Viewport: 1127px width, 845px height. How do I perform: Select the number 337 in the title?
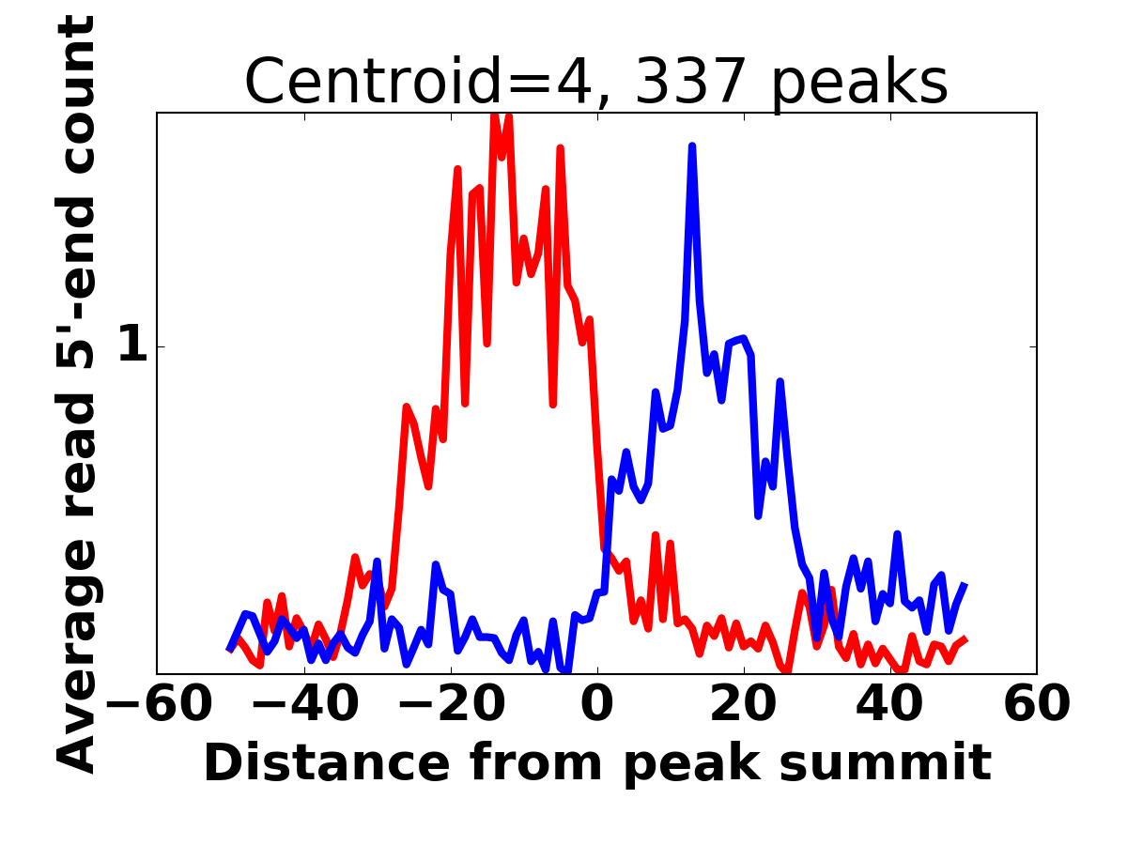tap(690, 81)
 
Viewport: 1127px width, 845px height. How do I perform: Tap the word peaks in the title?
tap(859, 84)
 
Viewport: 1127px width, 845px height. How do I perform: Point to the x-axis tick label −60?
tap(159, 704)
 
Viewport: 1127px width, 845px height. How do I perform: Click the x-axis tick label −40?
tap(305, 704)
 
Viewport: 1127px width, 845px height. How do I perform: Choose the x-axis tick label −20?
tap(452, 704)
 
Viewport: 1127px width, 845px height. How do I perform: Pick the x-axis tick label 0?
tap(597, 704)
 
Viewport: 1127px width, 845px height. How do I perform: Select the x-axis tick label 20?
tap(744, 704)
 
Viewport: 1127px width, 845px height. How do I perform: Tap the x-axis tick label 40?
tap(890, 704)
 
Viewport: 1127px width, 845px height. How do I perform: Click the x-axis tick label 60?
tap(1037, 704)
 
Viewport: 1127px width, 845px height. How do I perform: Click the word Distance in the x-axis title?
tap(328, 763)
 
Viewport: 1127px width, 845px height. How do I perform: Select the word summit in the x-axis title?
tap(886, 763)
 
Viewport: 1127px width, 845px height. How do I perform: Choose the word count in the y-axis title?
tap(75, 95)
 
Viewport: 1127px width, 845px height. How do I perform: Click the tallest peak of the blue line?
tap(692, 146)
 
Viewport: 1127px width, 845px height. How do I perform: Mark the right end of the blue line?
tap(965, 584)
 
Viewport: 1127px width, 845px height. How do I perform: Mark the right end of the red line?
tap(966, 638)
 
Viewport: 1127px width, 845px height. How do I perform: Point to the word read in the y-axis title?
tap(75, 456)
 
